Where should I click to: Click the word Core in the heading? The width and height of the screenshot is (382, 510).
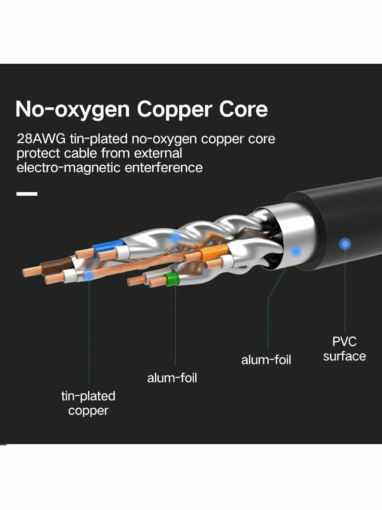pos(244,109)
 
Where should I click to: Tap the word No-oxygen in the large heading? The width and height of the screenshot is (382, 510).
pos(72,109)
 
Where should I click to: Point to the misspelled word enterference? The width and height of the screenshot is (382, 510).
pos(163,167)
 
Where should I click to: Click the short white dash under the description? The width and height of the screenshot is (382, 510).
pos(27,194)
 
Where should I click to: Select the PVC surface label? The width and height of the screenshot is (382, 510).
pos(344,349)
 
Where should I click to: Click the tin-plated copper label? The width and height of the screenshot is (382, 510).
pos(88,403)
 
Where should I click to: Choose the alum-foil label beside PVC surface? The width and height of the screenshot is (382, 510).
pos(266,360)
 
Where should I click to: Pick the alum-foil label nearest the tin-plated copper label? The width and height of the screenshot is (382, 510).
pos(172,378)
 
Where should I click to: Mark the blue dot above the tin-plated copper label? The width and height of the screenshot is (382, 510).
pos(89,275)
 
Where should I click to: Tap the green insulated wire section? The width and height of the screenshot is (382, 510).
pos(172,279)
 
